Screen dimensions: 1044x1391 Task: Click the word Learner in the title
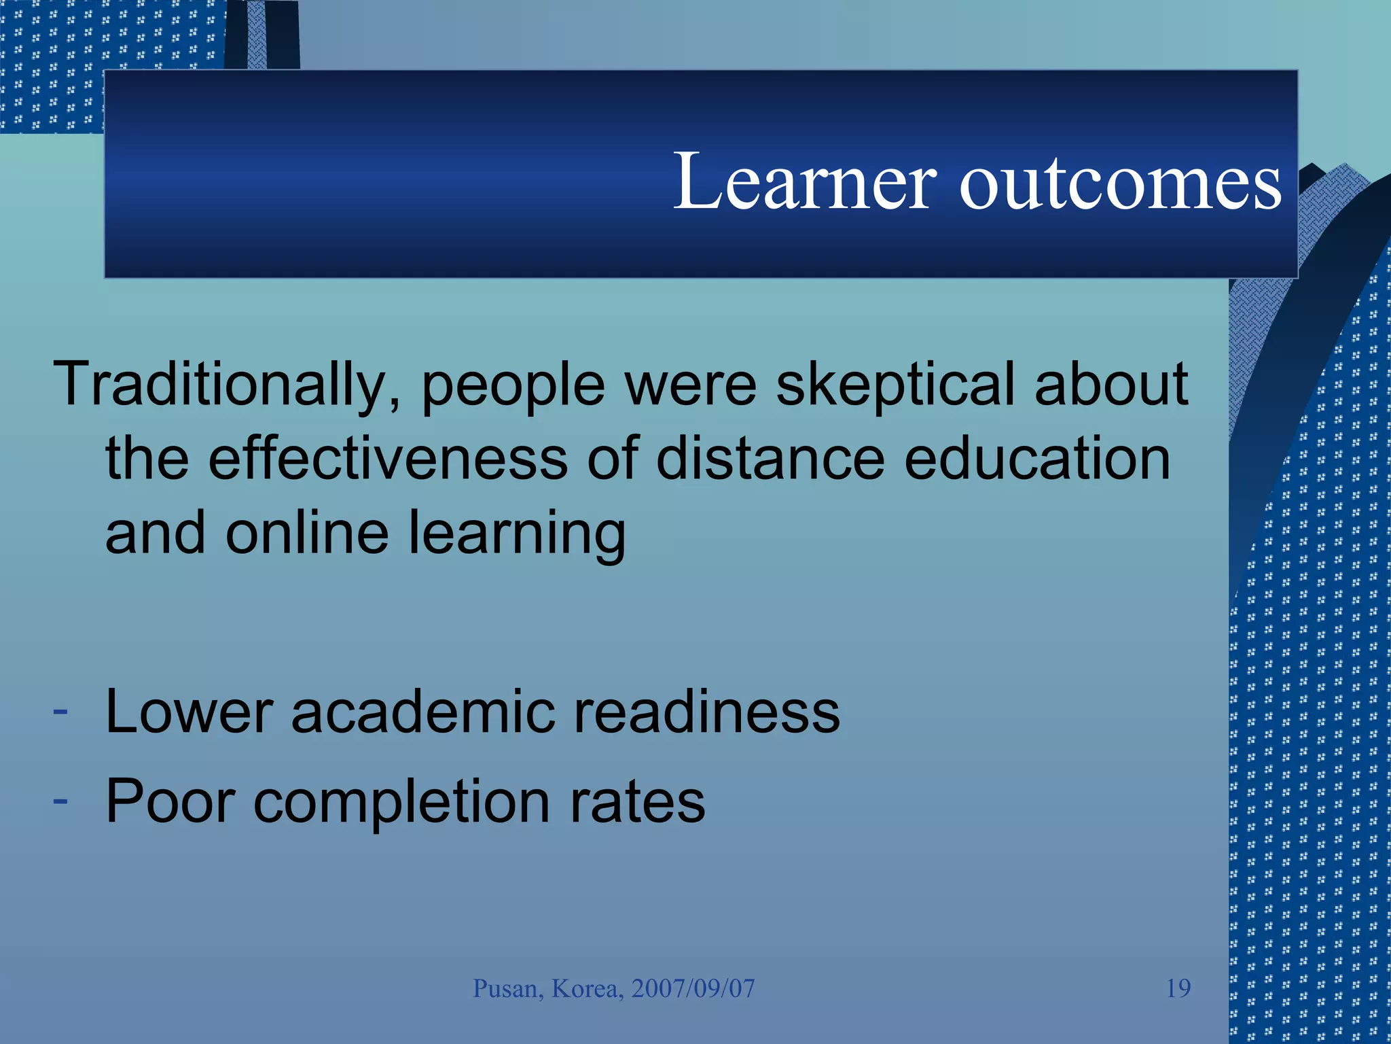805,181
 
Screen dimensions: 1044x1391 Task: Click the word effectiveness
388,459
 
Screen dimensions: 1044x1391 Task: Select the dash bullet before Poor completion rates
60,801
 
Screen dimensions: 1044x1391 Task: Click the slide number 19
1178,988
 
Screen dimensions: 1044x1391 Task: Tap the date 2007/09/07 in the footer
693,988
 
